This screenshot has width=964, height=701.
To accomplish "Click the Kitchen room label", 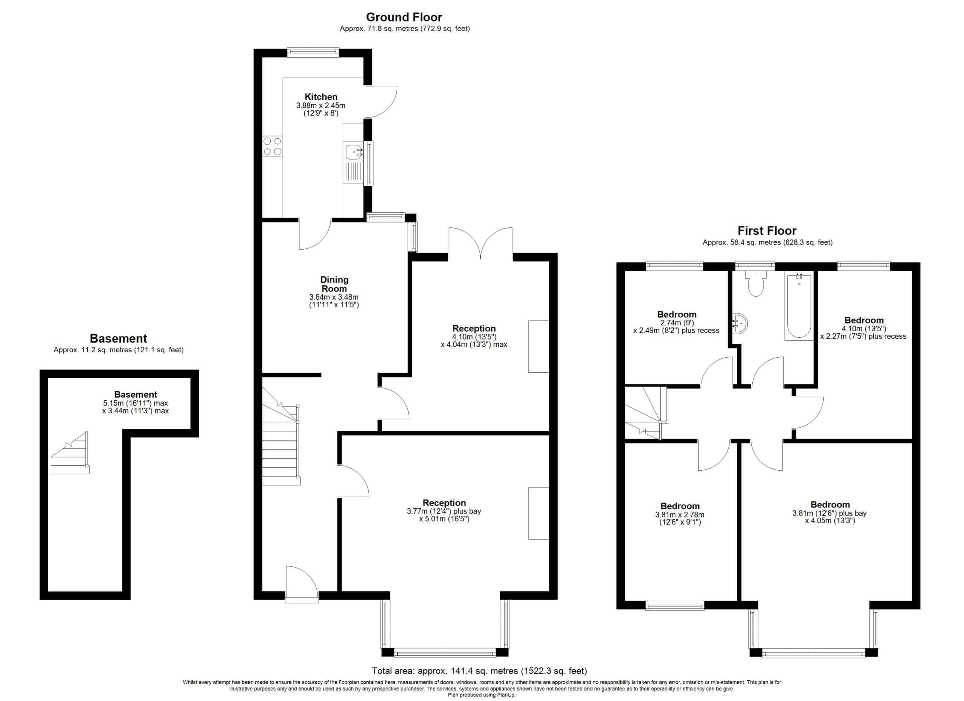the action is click(321, 97).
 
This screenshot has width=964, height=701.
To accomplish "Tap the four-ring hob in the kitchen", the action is click(273, 146).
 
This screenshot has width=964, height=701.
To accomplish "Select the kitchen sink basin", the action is click(353, 152).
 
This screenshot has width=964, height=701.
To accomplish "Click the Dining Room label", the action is click(334, 284).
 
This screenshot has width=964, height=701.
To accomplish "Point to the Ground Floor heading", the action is click(404, 17).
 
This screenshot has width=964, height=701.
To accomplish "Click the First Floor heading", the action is click(767, 231).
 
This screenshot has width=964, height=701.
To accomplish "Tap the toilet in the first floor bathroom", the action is click(756, 283).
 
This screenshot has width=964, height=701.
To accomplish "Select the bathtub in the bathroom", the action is click(799, 307).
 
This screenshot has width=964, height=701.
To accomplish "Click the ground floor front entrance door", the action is click(302, 585).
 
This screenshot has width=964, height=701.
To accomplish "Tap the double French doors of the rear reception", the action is click(480, 243).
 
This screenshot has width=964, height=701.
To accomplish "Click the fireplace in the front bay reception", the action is click(538, 513).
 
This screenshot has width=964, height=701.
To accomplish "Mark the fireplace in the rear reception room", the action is click(538, 347).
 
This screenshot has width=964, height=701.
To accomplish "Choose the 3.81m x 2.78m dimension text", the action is click(680, 515).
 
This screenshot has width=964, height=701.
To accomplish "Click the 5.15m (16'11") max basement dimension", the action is click(135, 403).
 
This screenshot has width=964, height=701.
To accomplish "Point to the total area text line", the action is click(479, 671).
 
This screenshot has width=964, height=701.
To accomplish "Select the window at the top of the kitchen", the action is click(313, 53).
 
